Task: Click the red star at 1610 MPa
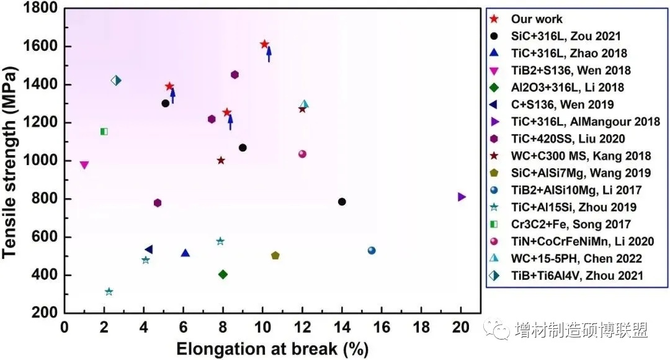264,44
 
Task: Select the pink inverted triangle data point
84,165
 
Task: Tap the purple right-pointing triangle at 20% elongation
462,197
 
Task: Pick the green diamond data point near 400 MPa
223,274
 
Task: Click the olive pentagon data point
275,256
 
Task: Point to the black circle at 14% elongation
342,202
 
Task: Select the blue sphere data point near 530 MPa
372,251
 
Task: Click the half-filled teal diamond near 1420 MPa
116,80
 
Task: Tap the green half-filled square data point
104,132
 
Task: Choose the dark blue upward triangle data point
185,253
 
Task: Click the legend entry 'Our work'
537,19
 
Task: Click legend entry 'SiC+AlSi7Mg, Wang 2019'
581,173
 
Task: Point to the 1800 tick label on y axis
42,8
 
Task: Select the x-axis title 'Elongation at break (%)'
273,349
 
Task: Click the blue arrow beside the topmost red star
269,54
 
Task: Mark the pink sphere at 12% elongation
302,154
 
